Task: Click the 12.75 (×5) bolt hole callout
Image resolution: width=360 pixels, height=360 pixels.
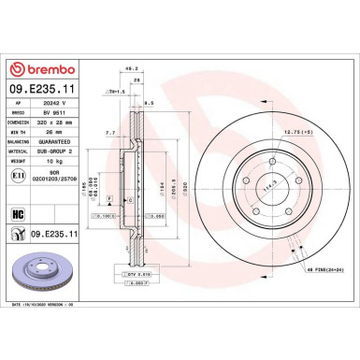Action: pyautogui.click(x=322, y=131)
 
